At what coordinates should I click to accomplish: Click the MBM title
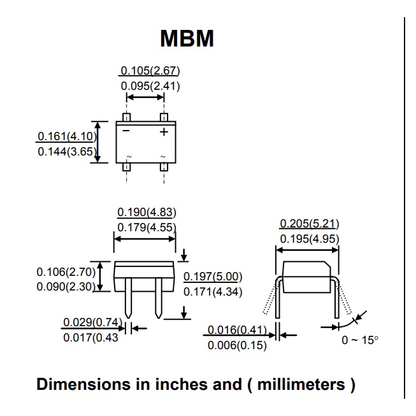[x=186, y=38]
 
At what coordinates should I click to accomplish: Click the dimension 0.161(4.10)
[x=66, y=136]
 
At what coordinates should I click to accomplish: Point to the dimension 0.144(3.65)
[x=66, y=152]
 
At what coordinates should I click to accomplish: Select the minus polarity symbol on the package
[x=126, y=131]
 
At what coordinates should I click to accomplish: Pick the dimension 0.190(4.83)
[x=147, y=212]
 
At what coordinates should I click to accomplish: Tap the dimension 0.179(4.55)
[x=147, y=227]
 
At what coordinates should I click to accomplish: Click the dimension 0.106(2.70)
[x=66, y=271]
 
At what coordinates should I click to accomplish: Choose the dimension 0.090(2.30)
[x=66, y=287]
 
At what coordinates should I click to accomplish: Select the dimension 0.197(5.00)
[x=213, y=276]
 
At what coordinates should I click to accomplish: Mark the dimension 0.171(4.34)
[x=213, y=291]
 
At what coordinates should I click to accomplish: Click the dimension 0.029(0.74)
[x=92, y=322]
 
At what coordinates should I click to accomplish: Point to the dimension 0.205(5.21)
[x=309, y=224]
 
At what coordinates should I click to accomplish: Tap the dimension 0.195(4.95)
[x=309, y=239]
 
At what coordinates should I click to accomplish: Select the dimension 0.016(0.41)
[x=237, y=330]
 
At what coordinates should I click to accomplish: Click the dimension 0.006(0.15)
[x=237, y=345]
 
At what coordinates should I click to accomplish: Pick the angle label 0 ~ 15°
[x=360, y=340]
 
